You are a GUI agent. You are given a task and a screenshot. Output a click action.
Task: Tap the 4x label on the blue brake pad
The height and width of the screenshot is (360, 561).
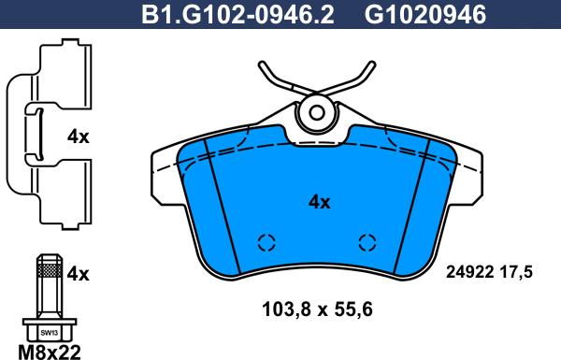click(x=320, y=201)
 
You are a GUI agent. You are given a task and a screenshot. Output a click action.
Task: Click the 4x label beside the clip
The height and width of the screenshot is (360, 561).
click(x=78, y=137)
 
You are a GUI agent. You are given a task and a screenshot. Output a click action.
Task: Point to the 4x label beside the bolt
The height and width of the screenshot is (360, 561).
click(x=78, y=273)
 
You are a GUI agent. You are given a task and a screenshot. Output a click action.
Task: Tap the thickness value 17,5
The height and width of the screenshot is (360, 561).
click(x=515, y=272)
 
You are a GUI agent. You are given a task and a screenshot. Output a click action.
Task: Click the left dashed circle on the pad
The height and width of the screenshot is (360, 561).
click(x=266, y=243)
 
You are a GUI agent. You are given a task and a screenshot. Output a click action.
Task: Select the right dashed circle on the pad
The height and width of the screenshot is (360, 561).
click(x=367, y=243)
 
